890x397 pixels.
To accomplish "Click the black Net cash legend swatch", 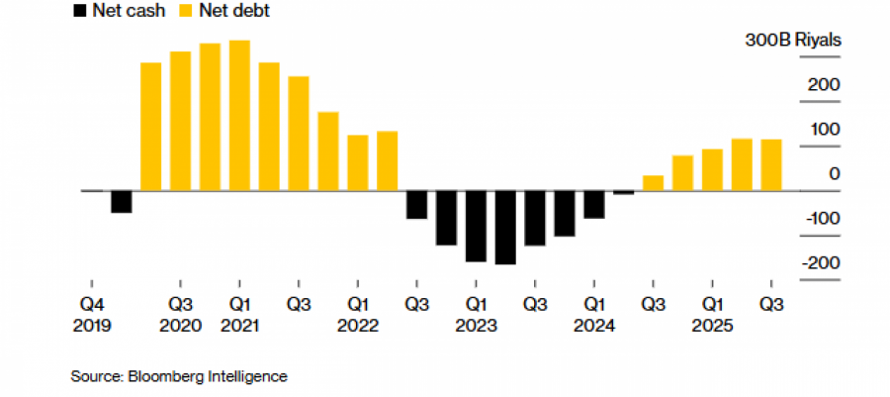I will coord(77,11).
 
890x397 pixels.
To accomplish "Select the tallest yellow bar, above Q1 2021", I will coord(239,115).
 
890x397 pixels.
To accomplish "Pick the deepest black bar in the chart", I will coord(505,227).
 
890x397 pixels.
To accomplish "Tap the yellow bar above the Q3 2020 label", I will coord(180,121).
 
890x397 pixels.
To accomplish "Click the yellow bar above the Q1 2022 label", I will coord(358,162).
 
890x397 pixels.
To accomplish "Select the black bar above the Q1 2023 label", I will coord(476,226).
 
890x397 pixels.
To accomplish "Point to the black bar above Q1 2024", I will coord(594,204).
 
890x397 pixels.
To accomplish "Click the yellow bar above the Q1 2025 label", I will coord(712,169).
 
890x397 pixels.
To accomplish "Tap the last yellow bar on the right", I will coord(771,164).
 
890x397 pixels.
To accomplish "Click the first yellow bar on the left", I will coord(150,126).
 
